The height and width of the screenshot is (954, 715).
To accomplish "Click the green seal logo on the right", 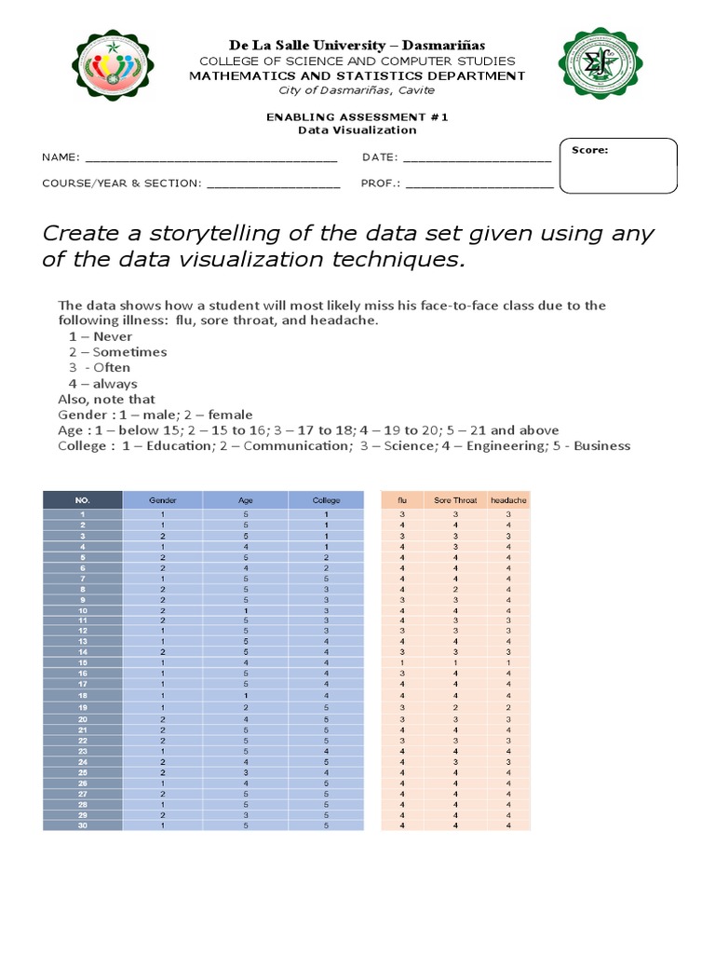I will pos(600,63).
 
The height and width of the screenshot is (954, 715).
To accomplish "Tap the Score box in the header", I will pos(617,166).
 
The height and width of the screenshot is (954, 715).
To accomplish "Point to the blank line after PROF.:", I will pos(479,184).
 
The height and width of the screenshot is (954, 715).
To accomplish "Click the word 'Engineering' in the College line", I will pos(508,445).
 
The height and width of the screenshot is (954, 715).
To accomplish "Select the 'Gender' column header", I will pos(163,500).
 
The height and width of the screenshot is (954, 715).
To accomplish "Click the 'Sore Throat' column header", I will pos(455,500).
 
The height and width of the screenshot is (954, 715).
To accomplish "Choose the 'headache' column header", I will pos(508,500).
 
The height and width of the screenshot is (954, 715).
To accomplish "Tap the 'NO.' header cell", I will pos(82,500).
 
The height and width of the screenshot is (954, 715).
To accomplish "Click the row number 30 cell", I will pos(82,825).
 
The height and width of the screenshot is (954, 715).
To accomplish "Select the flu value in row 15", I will pos(402,662).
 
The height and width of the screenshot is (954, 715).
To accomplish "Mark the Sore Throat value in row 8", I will pos(455,589).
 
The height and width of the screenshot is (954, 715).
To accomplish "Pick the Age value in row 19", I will pos(246,707).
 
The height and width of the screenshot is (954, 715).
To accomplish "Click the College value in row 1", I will pos(327,514).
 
